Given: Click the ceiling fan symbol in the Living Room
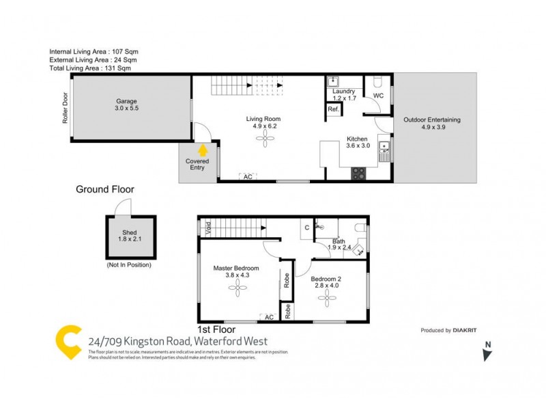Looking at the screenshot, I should coord(263,139).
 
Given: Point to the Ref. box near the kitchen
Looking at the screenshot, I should coord(334,109).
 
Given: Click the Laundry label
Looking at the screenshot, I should coord(343,91).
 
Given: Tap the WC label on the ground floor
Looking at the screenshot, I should coord(378,96).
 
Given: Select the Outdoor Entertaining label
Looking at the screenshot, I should coord(431,120).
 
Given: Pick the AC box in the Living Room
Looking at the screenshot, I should coord(248,176).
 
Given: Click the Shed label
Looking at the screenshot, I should coord(130,232).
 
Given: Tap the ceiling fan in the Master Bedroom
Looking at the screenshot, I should coord(240,289).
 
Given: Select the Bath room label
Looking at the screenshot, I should coord(339,241).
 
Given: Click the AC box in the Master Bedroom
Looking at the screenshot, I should coord(268,317).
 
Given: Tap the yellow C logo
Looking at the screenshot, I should coord(68,342).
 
